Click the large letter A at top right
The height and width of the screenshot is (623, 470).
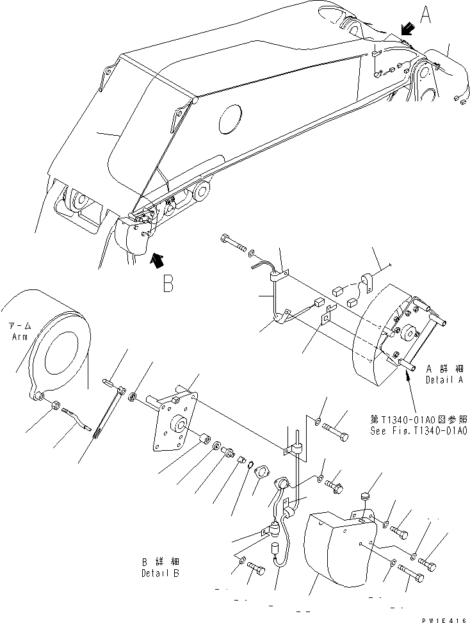(x=425, y=13)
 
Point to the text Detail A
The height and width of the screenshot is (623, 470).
(x=448, y=380)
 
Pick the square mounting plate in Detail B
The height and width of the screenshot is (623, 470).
(x=171, y=423)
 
